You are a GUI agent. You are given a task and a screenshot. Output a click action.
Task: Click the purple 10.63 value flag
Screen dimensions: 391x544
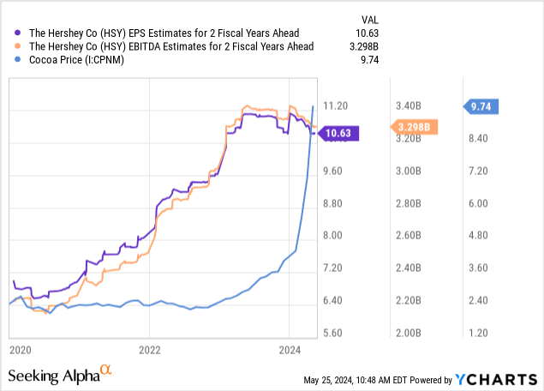tap(342, 133)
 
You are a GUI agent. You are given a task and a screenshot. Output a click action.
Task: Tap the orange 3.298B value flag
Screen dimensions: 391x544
tap(416, 128)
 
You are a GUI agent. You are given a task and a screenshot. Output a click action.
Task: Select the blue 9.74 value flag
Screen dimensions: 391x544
tap(486, 107)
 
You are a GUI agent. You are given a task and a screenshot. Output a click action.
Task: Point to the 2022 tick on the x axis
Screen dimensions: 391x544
tap(149, 349)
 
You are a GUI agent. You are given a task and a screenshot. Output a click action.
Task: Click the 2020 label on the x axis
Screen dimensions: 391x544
tap(20, 349)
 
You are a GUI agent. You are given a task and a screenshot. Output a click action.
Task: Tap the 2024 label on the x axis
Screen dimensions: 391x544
tap(289, 349)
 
